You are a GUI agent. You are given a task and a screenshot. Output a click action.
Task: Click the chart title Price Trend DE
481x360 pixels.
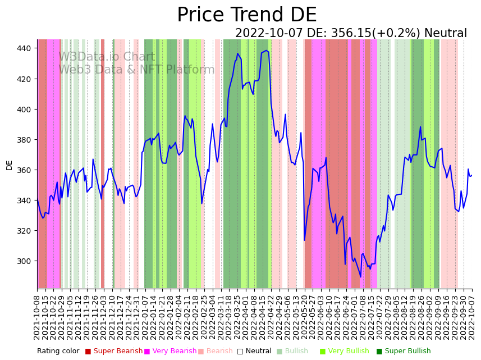(246, 15)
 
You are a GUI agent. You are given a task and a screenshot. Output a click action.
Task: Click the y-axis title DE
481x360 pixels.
(10, 165)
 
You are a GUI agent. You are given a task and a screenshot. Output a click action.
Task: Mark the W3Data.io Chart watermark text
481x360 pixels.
(106, 57)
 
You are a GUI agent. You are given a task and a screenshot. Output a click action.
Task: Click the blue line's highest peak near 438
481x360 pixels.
(266, 51)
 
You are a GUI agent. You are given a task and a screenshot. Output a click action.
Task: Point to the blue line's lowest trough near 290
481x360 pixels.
(361, 276)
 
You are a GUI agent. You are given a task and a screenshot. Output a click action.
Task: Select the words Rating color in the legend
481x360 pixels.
(58, 352)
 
